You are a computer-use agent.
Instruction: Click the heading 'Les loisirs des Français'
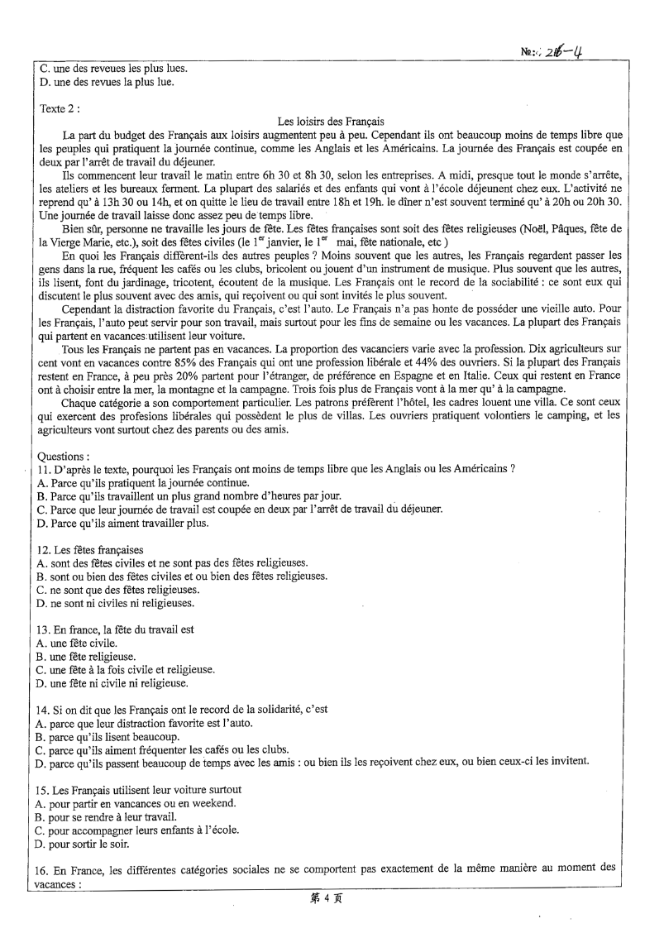(x=331, y=121)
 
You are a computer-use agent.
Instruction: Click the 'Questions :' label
(x=64, y=455)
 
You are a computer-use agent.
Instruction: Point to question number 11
(x=45, y=469)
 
